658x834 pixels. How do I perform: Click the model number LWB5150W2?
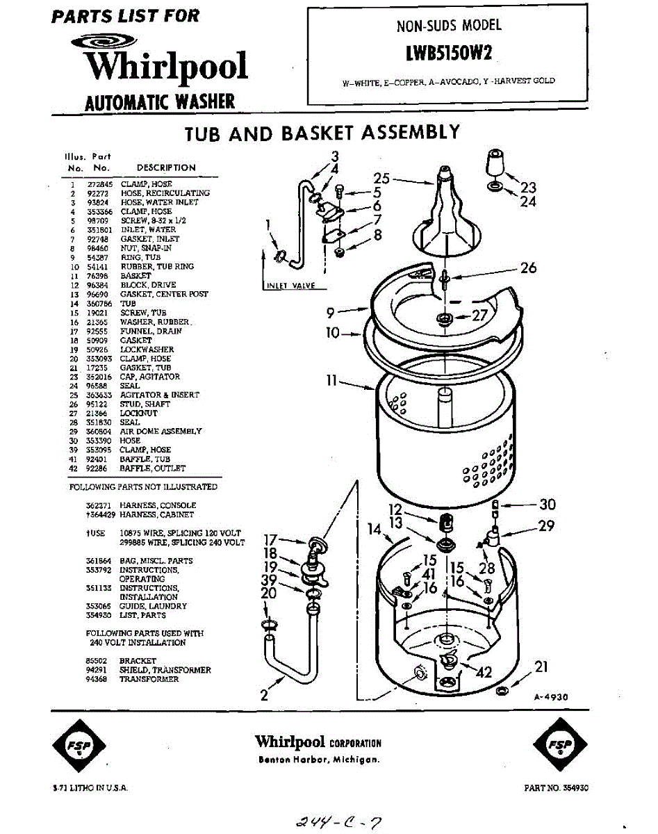click(x=448, y=53)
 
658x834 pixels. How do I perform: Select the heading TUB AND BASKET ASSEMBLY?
click(x=322, y=133)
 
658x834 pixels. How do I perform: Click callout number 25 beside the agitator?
click(x=381, y=179)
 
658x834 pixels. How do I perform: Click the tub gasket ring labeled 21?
click(x=502, y=691)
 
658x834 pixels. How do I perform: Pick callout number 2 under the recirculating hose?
click(x=264, y=695)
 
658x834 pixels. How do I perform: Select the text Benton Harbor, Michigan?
click(x=318, y=760)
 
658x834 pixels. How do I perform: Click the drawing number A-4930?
click(x=552, y=696)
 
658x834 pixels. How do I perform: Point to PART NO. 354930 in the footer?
click(x=557, y=788)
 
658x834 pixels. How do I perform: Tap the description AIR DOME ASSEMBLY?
click(x=161, y=432)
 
